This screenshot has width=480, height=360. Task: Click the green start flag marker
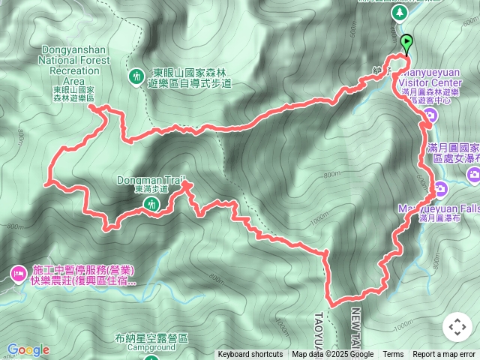(406, 44)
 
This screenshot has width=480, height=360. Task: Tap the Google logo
(28, 349)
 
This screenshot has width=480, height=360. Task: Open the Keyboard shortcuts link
(250, 355)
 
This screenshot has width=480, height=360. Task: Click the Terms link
(393, 355)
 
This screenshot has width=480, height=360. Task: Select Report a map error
(444, 355)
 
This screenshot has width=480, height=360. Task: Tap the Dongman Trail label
(150, 180)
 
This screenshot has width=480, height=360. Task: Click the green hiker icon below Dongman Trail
(153, 204)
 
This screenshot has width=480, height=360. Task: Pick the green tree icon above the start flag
(398, 13)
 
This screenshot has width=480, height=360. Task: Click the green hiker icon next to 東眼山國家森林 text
(136, 75)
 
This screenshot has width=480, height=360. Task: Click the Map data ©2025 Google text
(332, 355)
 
